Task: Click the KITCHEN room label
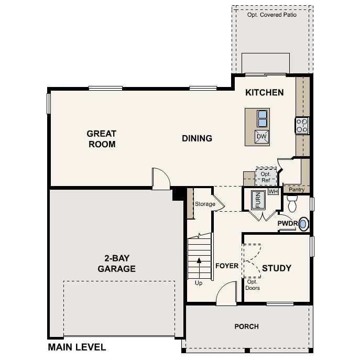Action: click(264, 93)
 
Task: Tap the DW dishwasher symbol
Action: click(261, 137)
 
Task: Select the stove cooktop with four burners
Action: click(302, 126)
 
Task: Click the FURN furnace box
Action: click(258, 200)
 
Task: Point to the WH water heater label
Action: click(273, 191)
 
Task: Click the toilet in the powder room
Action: click(292, 203)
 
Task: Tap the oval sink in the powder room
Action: click(303, 224)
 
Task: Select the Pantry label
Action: click(297, 190)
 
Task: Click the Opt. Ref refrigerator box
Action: click(266, 176)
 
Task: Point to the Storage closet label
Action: click(205, 204)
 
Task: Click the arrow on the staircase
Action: click(199, 268)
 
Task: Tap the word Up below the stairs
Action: click(199, 283)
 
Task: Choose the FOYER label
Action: click(227, 266)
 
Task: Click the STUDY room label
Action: click(277, 268)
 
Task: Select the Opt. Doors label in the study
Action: click(253, 285)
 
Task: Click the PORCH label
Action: click(247, 326)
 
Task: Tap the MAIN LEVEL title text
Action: click(77, 347)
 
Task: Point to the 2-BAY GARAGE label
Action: click(117, 264)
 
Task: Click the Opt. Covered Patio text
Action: click(272, 15)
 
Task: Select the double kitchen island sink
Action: click(262, 118)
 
